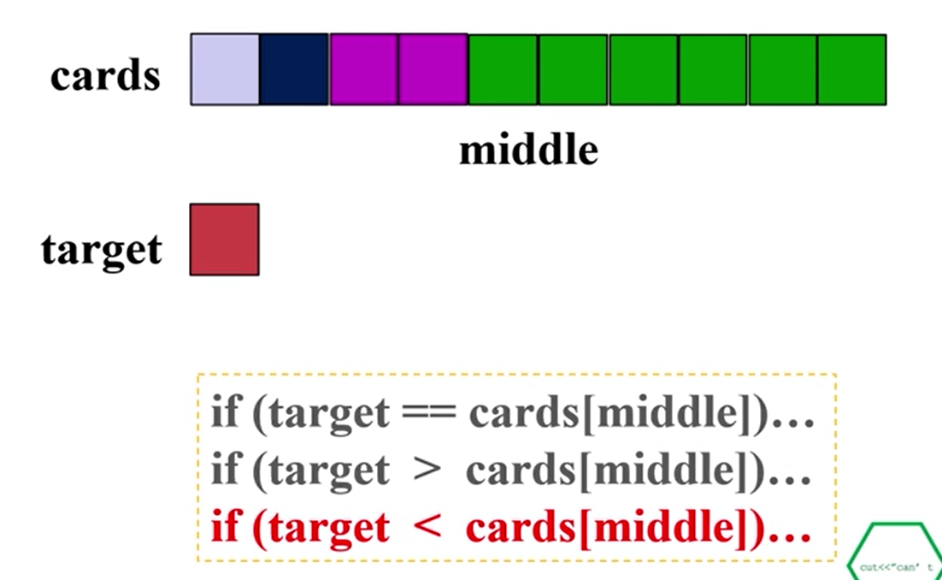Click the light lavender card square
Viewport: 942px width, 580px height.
(x=225, y=69)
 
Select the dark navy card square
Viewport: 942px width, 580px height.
(x=294, y=69)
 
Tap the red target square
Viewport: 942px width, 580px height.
(x=224, y=240)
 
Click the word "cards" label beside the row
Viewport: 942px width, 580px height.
(x=105, y=75)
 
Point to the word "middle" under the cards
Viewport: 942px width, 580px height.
(x=528, y=151)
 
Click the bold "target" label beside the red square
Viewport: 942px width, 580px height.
(x=101, y=250)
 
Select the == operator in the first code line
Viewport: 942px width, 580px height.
(x=428, y=415)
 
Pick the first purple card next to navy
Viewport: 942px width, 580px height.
(x=363, y=69)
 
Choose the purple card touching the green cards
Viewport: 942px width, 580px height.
(x=433, y=69)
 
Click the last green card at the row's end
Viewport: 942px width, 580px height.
(x=851, y=69)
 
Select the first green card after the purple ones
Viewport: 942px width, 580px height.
(x=503, y=69)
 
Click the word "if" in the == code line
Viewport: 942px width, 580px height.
(x=225, y=415)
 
